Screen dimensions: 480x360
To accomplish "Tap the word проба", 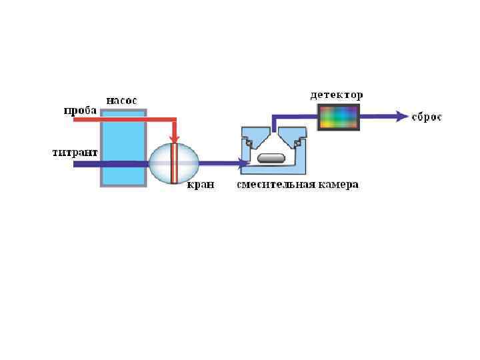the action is pyautogui.click(x=80, y=111).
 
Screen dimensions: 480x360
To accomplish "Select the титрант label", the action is pyautogui.click(x=75, y=153).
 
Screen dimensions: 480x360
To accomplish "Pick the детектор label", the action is pyautogui.click(x=337, y=95).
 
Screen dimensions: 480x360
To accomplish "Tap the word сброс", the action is pyautogui.click(x=427, y=117).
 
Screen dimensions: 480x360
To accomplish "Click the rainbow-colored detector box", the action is pyautogui.click(x=339, y=117).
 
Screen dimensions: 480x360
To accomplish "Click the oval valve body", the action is pyautogui.click(x=160, y=163).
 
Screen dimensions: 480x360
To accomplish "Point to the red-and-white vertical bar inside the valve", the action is pyautogui.click(x=174, y=163).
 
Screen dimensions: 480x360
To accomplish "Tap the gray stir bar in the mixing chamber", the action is pyautogui.click(x=271, y=159).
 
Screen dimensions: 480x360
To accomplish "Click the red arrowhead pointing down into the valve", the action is pyautogui.click(x=174, y=138).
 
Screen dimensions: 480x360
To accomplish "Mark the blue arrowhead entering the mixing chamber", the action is pyautogui.click(x=243, y=163).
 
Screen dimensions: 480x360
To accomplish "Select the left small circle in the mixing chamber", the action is pyautogui.click(x=248, y=143).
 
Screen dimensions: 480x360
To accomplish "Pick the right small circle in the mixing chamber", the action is pyautogui.click(x=298, y=143).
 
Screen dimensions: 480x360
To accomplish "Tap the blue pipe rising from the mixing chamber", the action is pyautogui.click(x=273, y=123).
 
